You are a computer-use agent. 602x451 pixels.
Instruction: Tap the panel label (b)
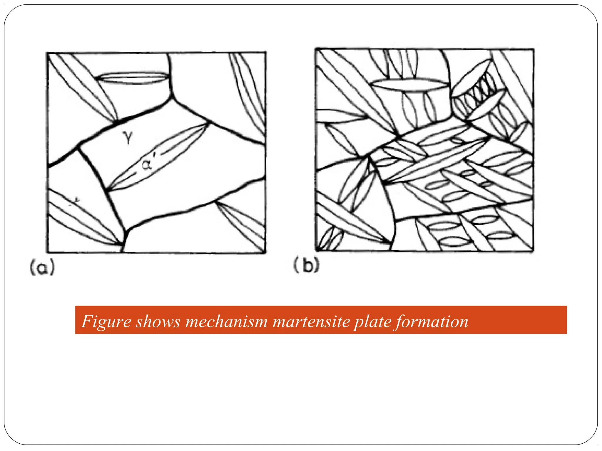[x=306, y=265]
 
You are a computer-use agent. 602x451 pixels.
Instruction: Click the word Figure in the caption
[x=106, y=322]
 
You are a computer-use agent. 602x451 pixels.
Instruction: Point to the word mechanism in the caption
[x=226, y=322]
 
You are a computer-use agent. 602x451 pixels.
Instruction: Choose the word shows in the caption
[x=158, y=322]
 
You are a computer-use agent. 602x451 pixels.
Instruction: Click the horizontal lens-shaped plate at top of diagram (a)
[x=133, y=78]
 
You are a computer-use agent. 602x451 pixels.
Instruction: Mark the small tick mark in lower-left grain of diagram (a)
[x=77, y=201]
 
